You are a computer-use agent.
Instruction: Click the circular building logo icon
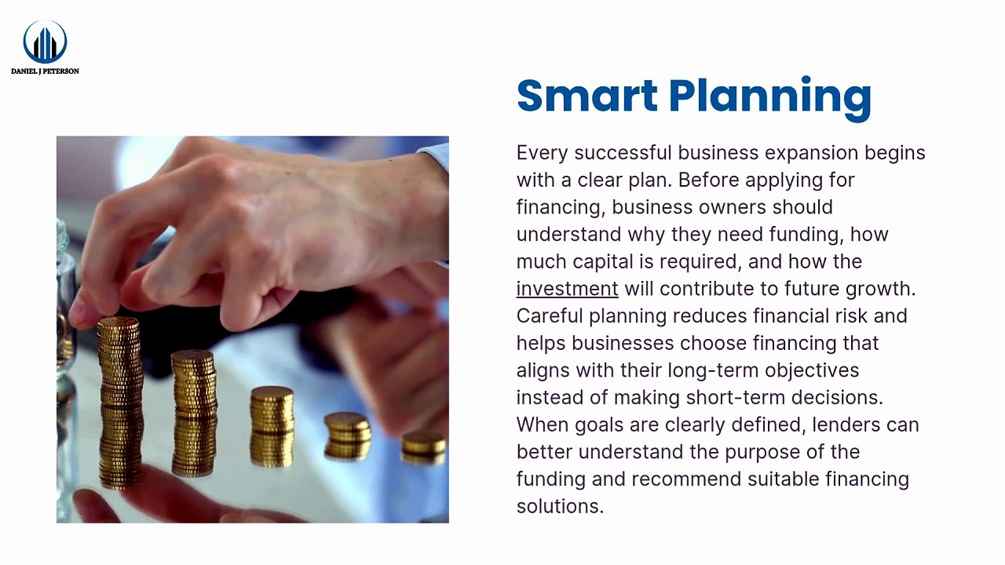pos(45,42)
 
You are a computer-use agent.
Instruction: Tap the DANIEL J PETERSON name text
pos(45,71)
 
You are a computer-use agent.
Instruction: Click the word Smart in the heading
pos(587,96)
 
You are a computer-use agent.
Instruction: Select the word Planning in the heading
pos(770,99)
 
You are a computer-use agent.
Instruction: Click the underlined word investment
pos(567,289)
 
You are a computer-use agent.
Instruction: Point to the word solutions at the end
pos(560,506)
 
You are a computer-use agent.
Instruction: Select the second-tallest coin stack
pos(194,382)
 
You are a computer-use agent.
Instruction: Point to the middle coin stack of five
pos(272,409)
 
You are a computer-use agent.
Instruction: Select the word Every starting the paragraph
pos(542,154)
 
